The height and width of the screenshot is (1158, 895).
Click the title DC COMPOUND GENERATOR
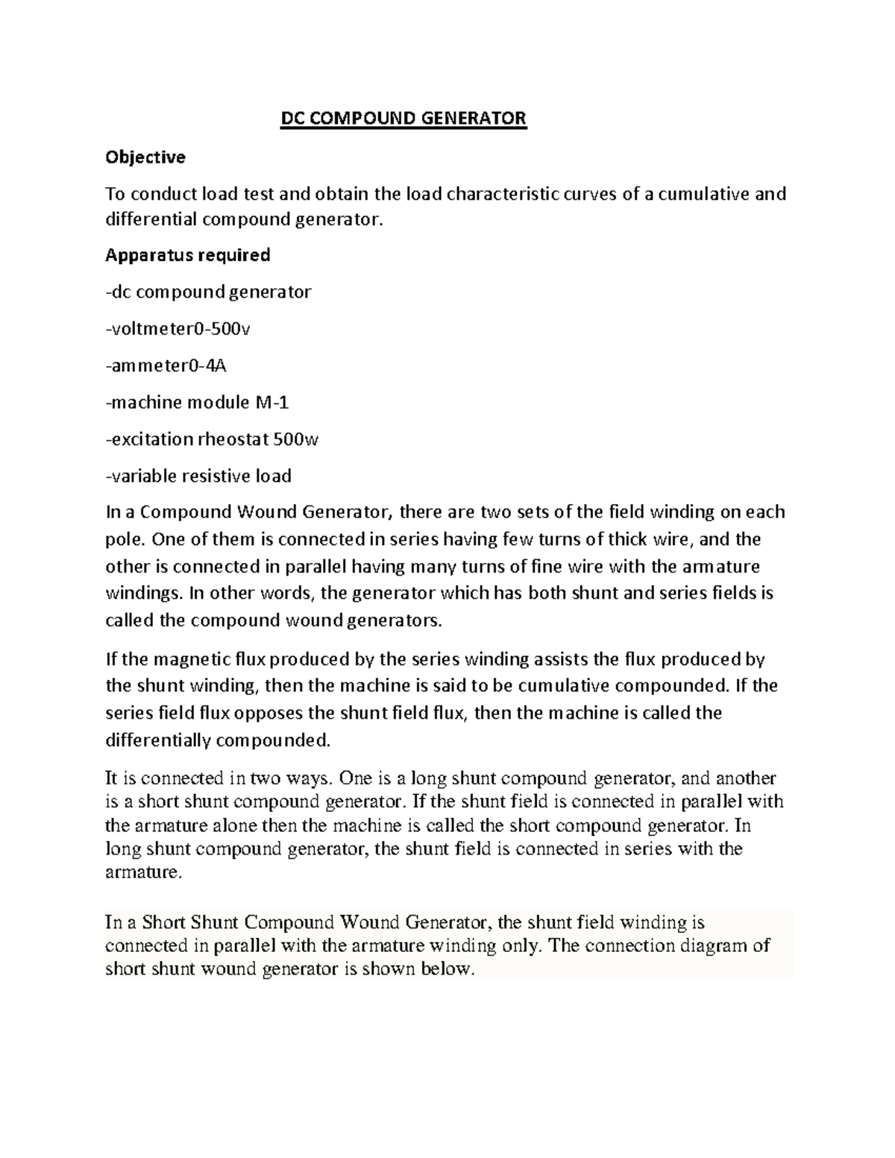pyautogui.click(x=403, y=119)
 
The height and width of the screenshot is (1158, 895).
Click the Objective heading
pyautogui.click(x=145, y=157)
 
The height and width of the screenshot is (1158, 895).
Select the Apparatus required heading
pyautogui.click(x=187, y=255)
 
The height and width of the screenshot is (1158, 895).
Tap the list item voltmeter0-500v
pyautogui.click(x=179, y=329)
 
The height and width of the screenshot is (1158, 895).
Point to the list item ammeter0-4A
pyautogui.click(x=165, y=365)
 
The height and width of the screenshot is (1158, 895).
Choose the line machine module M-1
pyautogui.click(x=198, y=403)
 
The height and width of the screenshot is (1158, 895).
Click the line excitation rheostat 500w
pyautogui.click(x=213, y=439)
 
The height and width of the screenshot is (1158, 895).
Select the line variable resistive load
pyautogui.click(x=198, y=476)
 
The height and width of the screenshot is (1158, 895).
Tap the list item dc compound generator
pyautogui.click(x=208, y=292)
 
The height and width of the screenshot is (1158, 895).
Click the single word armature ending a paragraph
pyautogui.click(x=142, y=872)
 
